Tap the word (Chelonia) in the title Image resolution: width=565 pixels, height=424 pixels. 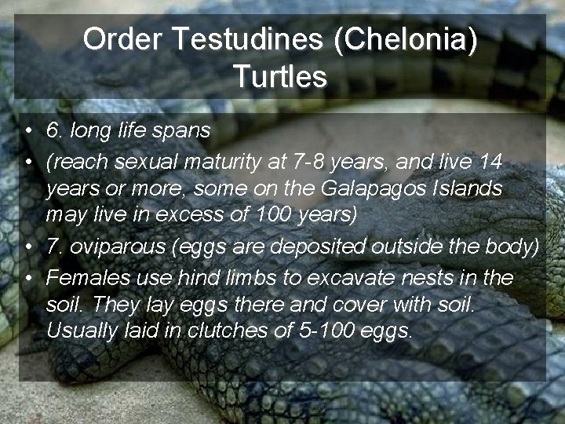tap(405, 40)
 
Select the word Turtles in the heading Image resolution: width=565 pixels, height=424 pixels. tap(279, 77)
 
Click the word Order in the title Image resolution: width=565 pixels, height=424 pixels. tap(118, 40)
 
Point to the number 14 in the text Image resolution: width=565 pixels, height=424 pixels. tap(490, 162)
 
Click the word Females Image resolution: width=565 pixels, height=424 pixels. tap(84, 277)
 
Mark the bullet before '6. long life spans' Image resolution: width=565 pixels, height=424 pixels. tap(27, 130)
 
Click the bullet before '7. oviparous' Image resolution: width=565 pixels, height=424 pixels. tap(27, 247)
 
